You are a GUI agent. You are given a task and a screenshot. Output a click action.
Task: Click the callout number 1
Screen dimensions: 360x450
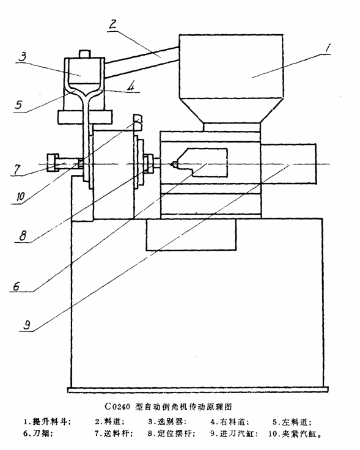(x=327, y=49)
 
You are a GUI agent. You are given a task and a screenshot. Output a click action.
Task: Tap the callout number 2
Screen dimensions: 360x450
(x=112, y=24)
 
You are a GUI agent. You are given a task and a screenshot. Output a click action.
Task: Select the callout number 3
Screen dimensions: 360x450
(x=23, y=56)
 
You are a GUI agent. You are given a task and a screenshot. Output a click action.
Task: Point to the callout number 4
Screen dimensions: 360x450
(x=130, y=86)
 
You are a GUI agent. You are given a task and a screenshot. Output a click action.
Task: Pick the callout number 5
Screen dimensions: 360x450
(x=18, y=105)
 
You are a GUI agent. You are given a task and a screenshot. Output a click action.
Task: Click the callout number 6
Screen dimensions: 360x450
(x=17, y=286)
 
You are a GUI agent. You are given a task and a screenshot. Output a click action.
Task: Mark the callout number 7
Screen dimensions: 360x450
(x=17, y=169)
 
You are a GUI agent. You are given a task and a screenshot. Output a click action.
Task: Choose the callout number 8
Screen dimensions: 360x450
(x=23, y=235)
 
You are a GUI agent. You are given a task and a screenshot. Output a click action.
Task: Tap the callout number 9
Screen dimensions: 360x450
(x=27, y=325)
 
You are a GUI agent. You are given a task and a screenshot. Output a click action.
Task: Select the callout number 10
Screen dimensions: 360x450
(x=20, y=197)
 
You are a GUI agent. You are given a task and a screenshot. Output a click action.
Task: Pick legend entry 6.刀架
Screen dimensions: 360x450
(x=37, y=433)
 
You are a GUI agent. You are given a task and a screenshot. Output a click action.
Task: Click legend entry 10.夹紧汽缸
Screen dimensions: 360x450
(x=295, y=433)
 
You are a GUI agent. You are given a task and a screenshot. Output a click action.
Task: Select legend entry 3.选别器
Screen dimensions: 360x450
(x=167, y=422)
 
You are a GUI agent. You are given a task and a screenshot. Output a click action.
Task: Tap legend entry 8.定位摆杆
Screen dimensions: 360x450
(x=171, y=433)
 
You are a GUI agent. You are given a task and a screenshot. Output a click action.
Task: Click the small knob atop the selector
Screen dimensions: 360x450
(x=84, y=54)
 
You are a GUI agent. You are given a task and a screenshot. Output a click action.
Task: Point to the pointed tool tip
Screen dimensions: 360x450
(x=173, y=164)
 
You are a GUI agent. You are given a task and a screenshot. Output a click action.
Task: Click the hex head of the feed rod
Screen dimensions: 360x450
(x=53, y=163)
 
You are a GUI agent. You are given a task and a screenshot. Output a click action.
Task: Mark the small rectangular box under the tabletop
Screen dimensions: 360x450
(x=191, y=235)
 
